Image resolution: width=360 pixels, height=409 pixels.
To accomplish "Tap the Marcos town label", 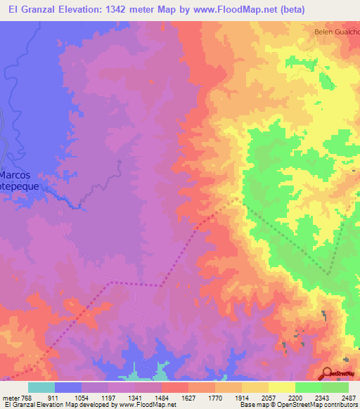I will (20, 175).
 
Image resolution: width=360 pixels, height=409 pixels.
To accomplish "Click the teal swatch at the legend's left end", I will (41, 387).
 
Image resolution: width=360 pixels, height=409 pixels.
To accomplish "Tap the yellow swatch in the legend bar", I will (282, 387).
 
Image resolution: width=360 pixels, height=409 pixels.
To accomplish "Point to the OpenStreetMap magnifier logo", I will (328, 374).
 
